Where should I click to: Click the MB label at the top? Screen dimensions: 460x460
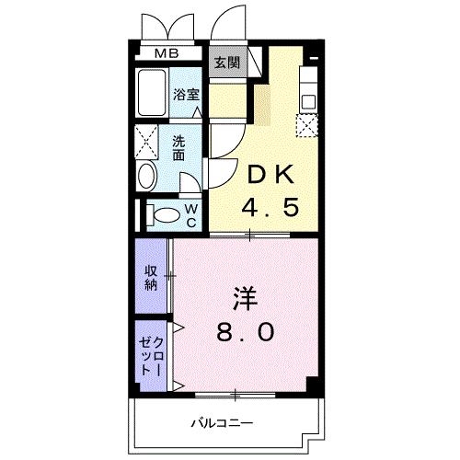point(167,53)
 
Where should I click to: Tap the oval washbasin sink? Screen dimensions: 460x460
point(147,177)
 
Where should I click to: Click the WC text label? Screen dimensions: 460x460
point(192,215)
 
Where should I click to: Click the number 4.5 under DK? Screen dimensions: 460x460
point(270,208)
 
